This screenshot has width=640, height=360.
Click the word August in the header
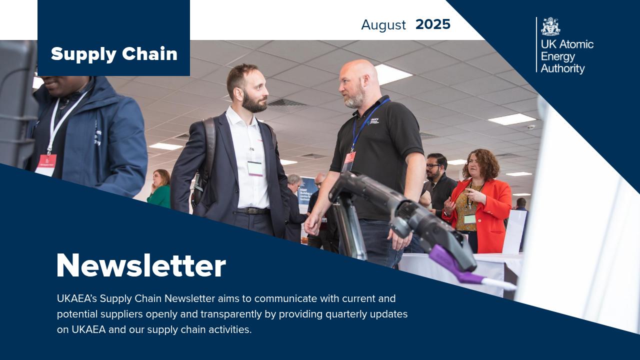[x=383, y=25]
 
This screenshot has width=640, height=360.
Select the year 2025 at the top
[x=433, y=24]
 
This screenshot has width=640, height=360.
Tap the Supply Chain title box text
[x=114, y=54]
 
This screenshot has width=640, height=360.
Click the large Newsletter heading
[x=141, y=265]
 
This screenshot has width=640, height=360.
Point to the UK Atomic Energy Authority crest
[x=550, y=27]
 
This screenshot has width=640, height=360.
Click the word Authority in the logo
[x=562, y=68]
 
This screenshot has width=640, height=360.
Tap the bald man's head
[x=358, y=80]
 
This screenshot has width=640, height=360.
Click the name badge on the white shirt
[x=255, y=168]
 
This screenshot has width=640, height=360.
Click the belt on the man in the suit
[x=253, y=211]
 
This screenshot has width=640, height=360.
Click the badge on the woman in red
[x=469, y=219]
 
